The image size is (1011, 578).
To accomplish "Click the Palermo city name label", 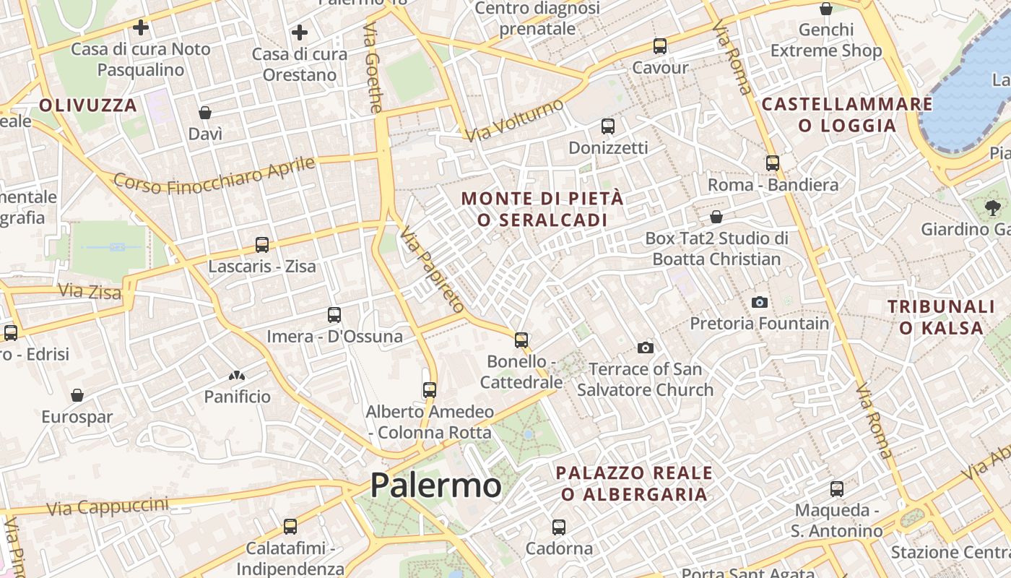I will tap(435, 485).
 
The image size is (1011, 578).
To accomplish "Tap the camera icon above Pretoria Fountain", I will tap(759, 302).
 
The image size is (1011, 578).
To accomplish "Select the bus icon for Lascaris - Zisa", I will tap(262, 245).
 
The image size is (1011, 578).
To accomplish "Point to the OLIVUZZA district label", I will tap(88, 105).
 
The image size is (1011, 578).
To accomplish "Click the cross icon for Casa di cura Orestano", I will tap(300, 33).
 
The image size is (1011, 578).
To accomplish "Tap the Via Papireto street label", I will tap(431, 269).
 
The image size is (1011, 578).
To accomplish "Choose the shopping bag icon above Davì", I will tap(205, 113).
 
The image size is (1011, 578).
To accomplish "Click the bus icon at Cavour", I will tap(659, 46).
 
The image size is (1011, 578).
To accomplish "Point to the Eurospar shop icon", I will tap(77, 395).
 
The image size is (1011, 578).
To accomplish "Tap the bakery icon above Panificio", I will tap(236, 376).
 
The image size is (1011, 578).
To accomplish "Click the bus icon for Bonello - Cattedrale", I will tap(521, 340).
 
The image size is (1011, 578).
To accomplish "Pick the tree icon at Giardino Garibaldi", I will tap(992, 208).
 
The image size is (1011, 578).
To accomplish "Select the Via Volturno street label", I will tap(513, 121).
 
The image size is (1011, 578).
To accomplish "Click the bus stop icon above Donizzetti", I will tap(608, 126).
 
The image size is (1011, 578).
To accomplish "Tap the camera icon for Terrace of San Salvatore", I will tap(646, 348).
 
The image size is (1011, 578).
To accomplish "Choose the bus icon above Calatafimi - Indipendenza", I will tap(290, 527).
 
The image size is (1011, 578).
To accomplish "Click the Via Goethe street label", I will tap(373, 68).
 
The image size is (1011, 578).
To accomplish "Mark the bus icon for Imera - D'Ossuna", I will tap(334, 315).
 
